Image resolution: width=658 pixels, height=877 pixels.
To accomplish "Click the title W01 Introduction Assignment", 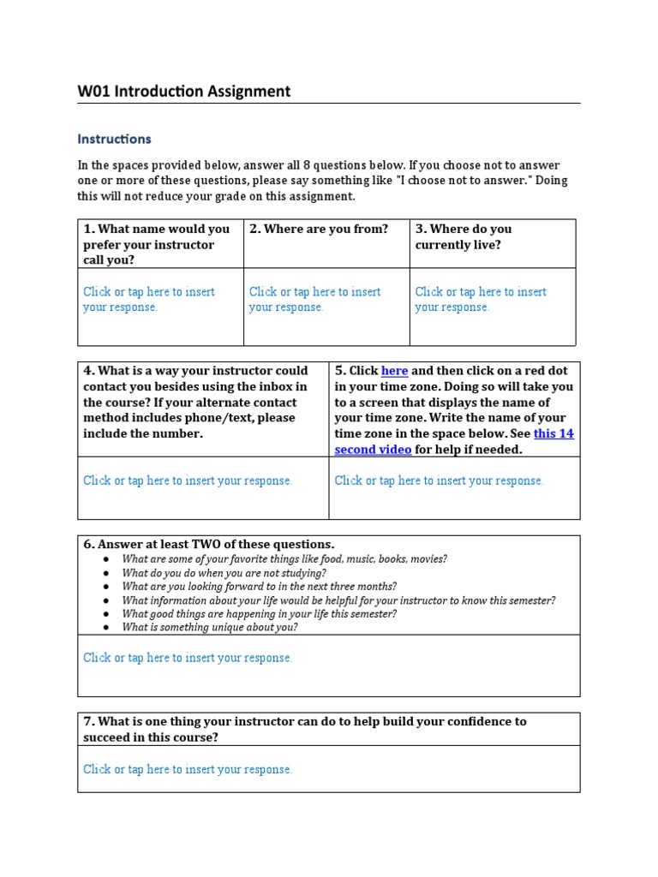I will (183, 91).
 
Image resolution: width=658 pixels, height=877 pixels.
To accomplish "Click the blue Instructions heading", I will (114, 139).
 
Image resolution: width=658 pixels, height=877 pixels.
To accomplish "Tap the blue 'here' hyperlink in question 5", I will (394, 371).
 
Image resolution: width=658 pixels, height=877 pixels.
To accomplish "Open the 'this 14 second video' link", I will (454, 441).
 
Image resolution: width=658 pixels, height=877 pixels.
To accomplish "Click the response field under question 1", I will (148, 299).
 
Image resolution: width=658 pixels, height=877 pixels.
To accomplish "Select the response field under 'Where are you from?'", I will (314, 299).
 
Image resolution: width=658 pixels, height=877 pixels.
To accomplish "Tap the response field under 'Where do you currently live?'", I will (481, 299).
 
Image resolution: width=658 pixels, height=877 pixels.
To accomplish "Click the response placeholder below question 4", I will (188, 480).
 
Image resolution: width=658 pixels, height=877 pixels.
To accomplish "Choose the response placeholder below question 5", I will (439, 480).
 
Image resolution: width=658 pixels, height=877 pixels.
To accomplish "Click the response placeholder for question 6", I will (188, 658).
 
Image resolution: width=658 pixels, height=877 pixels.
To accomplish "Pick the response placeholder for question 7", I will (188, 769).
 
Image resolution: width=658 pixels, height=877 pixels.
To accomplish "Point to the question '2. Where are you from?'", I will (319, 229).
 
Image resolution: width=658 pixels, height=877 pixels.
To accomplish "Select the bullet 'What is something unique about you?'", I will (210, 627).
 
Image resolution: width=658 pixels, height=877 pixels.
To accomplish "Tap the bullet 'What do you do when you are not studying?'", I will (224, 573).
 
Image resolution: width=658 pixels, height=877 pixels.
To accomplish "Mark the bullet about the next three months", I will (259, 587).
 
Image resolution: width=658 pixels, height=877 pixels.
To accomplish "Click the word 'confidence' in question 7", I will (475, 721).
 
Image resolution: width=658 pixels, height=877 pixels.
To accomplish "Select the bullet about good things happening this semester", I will (259, 614).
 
